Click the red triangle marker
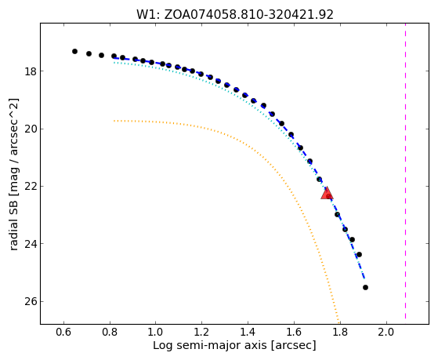click(327, 194)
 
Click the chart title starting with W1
click(235, 14)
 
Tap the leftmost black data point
click(74, 51)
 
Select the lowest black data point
click(365, 287)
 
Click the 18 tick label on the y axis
click(31, 71)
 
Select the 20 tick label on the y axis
click(31, 129)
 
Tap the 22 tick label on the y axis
click(31, 187)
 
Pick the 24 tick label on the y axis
click(31, 244)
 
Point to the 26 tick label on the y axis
click(31, 301)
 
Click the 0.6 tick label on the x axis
click(63, 333)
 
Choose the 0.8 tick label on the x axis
click(110, 333)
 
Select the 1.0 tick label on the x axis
click(156, 333)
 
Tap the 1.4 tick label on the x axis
click(248, 333)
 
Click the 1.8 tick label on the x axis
click(340, 333)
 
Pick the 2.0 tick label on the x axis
click(386, 333)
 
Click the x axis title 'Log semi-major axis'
click(210, 346)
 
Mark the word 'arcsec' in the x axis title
click(293, 347)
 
